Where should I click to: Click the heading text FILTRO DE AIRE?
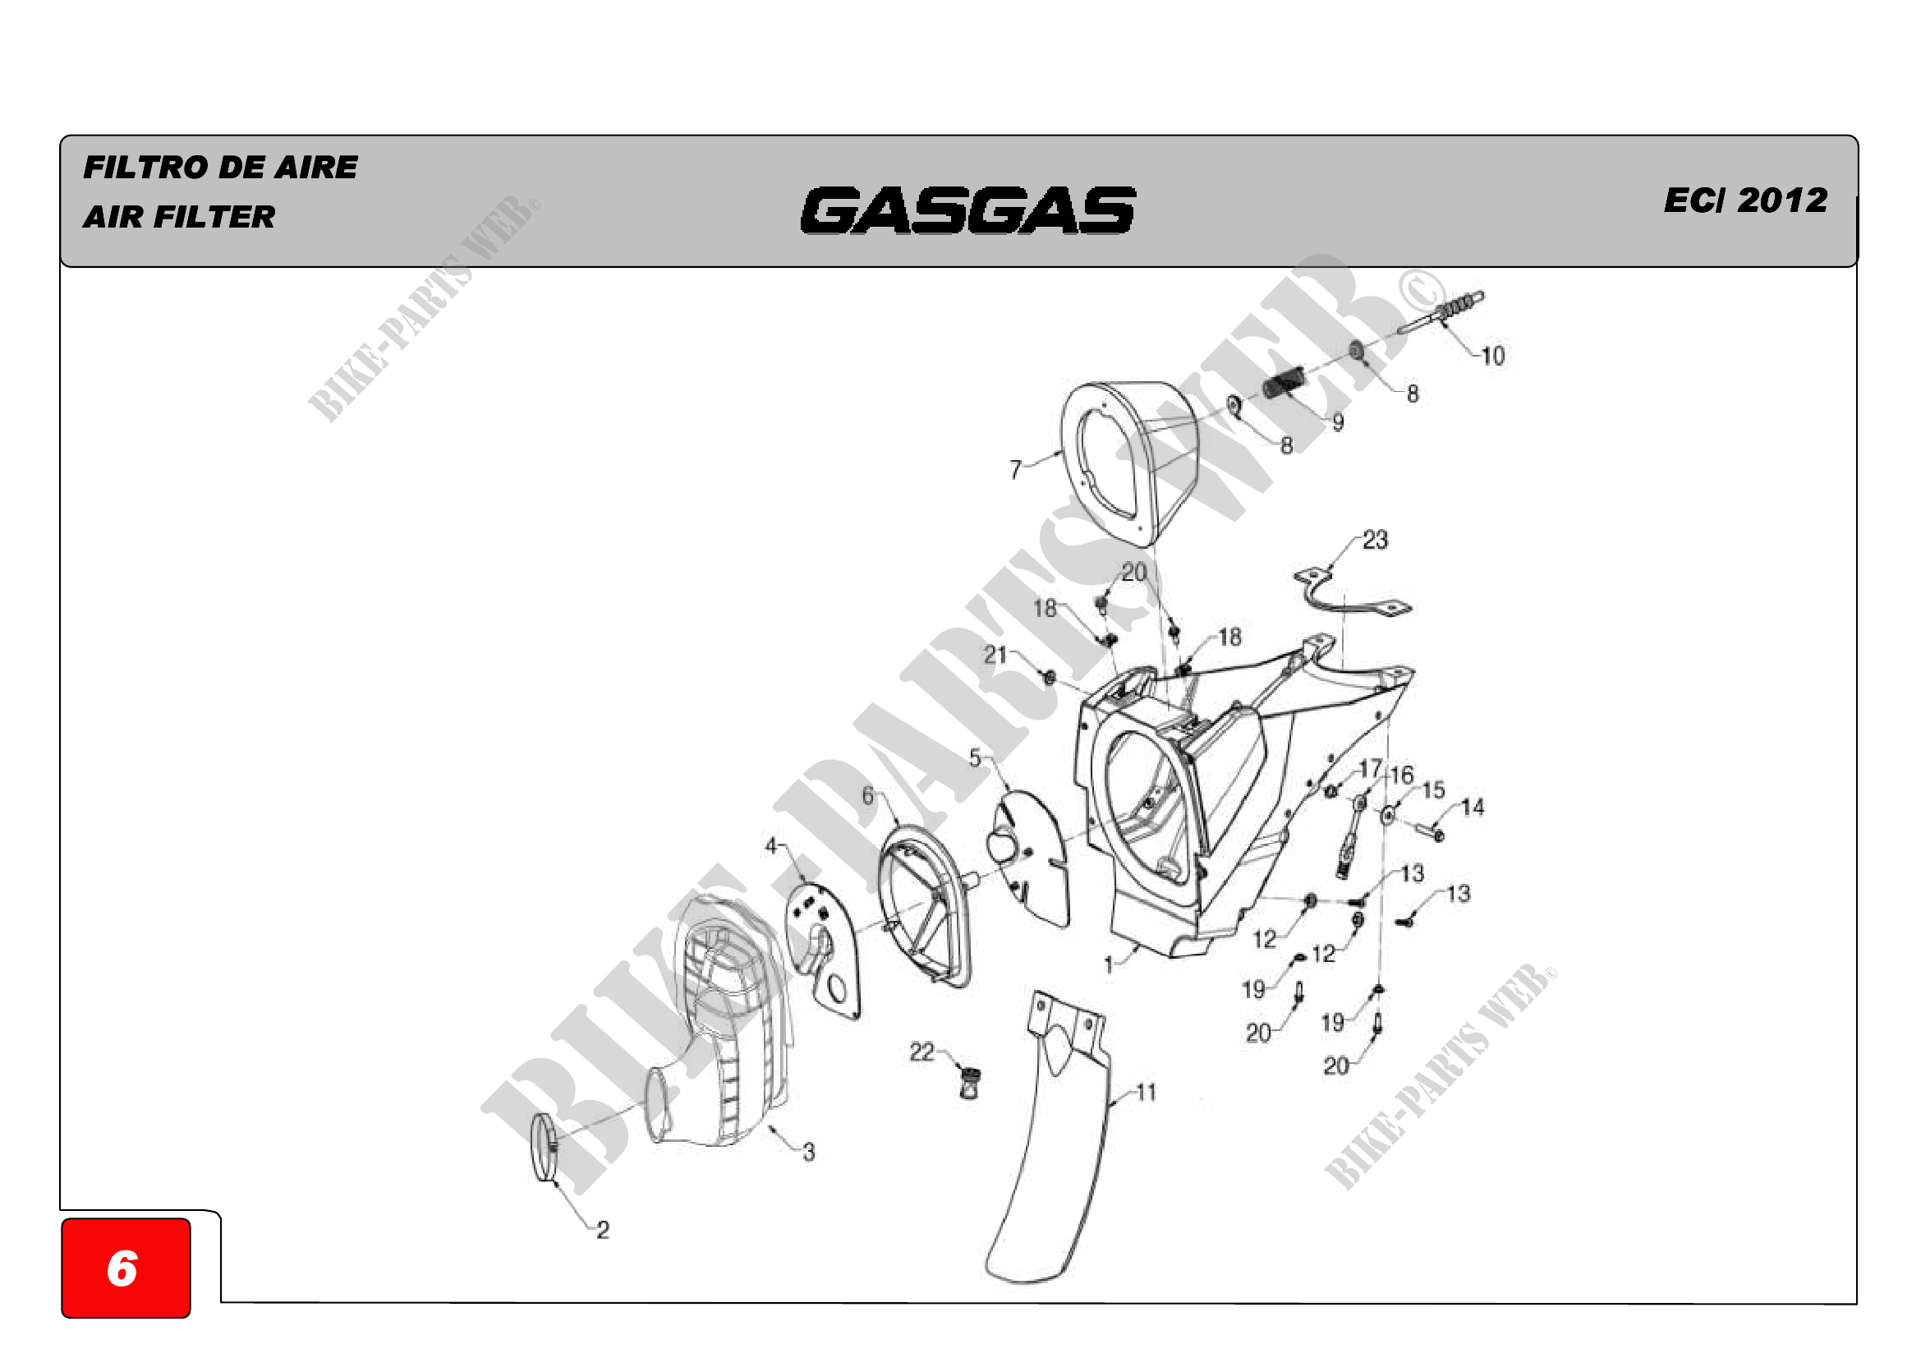[220, 168]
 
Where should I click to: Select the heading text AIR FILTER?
[179, 217]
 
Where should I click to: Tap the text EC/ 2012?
[1745, 200]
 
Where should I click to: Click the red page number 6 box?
[126, 1268]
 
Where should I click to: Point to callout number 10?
[1492, 357]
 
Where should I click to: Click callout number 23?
[1375, 540]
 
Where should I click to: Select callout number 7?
[1015, 469]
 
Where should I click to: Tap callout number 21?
[994, 654]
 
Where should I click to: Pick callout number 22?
[921, 1052]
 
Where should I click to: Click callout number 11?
[1146, 1092]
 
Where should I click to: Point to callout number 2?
[602, 1229]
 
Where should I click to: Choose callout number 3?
[808, 1152]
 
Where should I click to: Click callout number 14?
[1473, 808]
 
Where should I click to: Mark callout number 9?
[1338, 422]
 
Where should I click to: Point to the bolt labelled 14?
[1429, 831]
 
